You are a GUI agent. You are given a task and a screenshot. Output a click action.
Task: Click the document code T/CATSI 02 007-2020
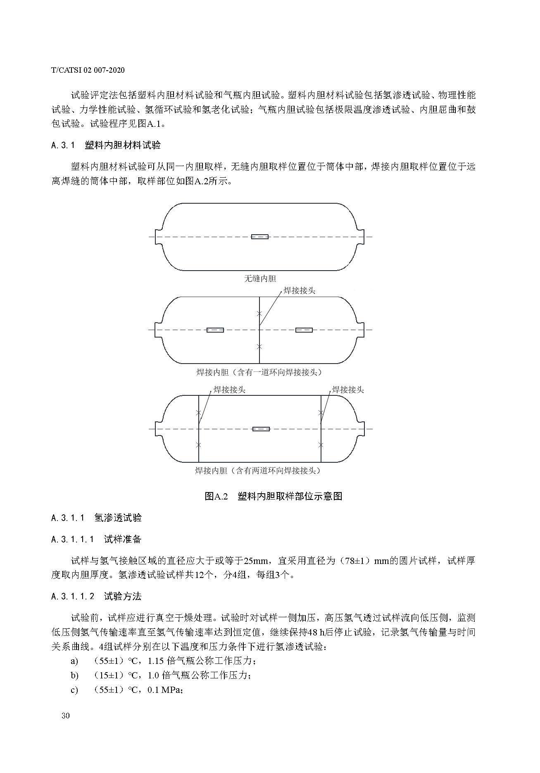pos(88,70)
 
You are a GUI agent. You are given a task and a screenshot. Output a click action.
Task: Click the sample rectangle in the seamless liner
pos(260,237)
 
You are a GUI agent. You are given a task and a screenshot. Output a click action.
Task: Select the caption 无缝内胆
pos(260,279)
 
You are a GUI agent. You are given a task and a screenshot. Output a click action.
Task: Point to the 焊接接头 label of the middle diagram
pos(299,290)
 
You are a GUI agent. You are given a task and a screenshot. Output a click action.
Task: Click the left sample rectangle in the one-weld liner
pos(215,330)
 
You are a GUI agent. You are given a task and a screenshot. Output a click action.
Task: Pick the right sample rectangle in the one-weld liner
pos(304,330)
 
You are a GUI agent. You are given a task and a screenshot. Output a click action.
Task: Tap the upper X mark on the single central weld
pos(259,314)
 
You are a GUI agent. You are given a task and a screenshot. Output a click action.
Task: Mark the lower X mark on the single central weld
pos(259,346)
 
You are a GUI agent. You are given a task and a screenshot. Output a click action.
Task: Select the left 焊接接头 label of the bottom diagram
pos(229,390)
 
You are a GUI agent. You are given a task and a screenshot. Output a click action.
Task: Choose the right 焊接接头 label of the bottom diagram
pos(348,390)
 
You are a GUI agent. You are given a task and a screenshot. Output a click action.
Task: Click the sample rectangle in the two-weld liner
pos(261,429)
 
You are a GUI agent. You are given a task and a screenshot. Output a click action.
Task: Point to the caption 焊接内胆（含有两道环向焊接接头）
pos(258,471)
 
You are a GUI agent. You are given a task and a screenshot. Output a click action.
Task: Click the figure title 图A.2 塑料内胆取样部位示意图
pos(274,496)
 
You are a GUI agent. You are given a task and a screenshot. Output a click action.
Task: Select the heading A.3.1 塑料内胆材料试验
pos(106,145)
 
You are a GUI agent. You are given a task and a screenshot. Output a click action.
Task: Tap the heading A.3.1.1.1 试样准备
pos(96,539)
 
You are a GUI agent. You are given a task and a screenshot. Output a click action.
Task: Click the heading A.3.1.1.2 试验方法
pos(96,596)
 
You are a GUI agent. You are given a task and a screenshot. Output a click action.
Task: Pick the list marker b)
pos(74,675)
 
